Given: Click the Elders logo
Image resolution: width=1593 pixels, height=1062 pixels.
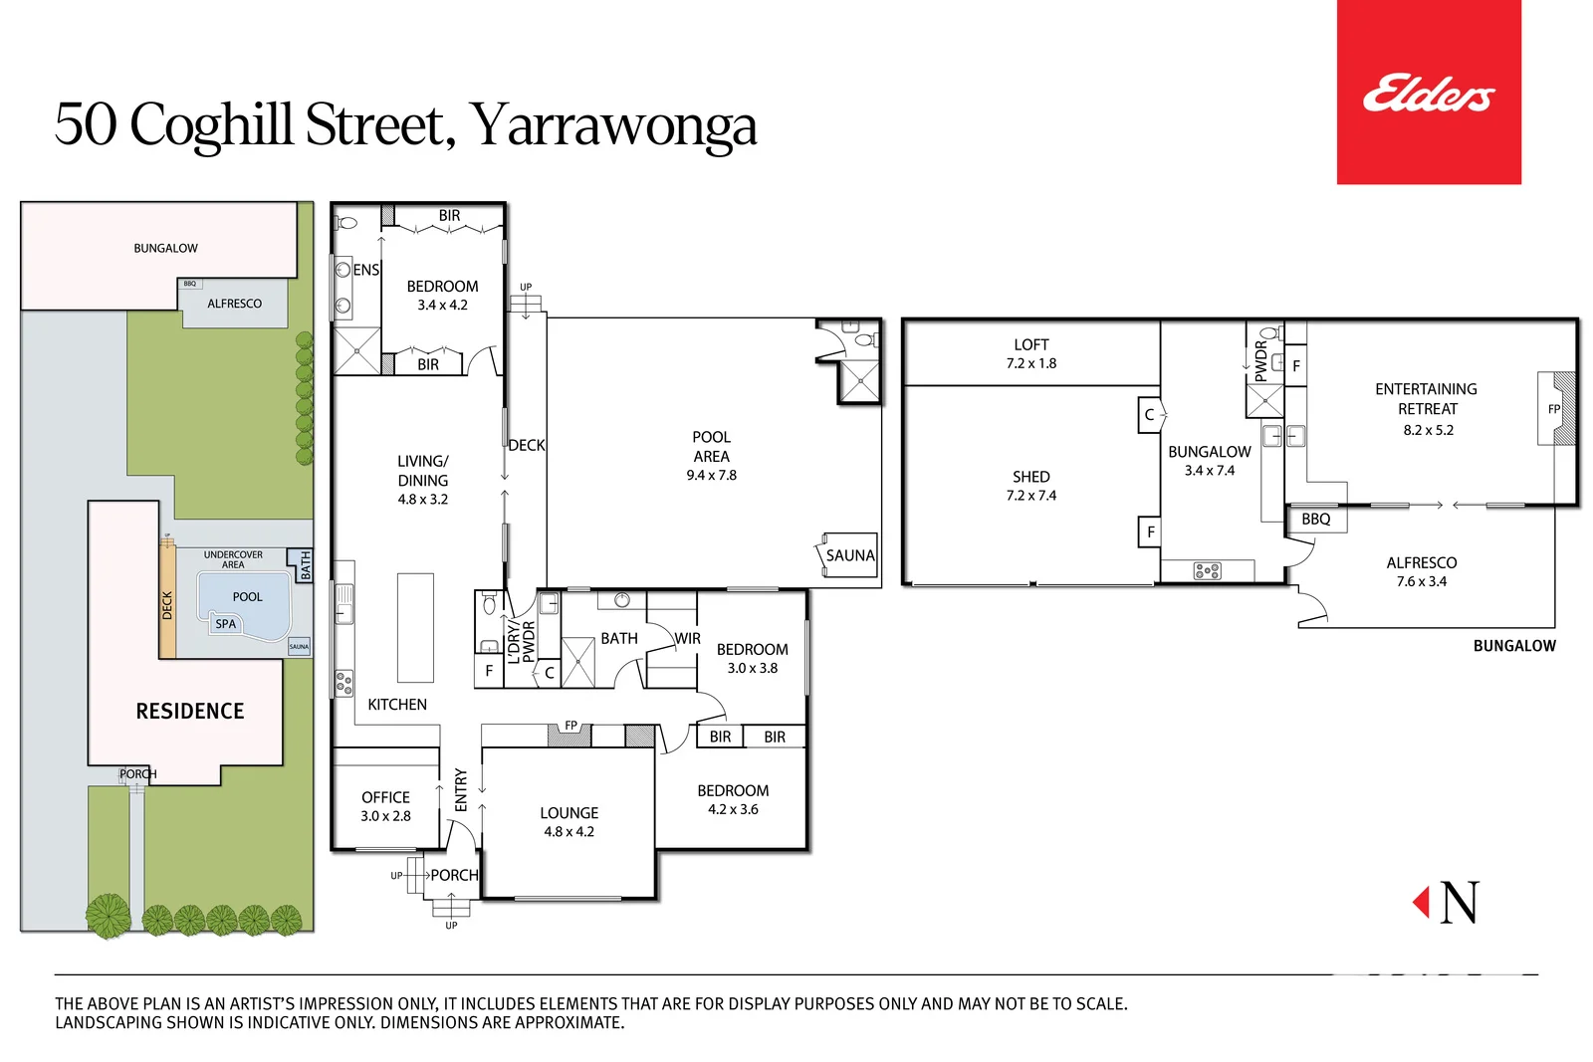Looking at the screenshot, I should tap(1428, 94).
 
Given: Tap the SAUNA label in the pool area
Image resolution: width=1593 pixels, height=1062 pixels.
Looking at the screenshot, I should tap(849, 555).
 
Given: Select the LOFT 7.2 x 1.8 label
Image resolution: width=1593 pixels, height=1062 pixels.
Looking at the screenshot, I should tap(1030, 353).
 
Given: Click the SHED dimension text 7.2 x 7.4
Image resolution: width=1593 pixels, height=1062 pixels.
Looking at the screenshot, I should tap(1030, 496).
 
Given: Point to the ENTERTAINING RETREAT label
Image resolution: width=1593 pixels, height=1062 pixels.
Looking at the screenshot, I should tap(1426, 399).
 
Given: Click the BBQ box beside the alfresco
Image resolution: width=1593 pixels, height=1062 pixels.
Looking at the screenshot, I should tap(1315, 520).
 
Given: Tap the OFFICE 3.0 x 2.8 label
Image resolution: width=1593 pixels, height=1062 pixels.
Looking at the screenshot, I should tap(385, 806).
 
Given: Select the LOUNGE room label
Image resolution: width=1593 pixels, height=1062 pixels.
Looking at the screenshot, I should tap(569, 813).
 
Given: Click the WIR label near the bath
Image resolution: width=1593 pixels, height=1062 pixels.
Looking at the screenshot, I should tap(687, 639).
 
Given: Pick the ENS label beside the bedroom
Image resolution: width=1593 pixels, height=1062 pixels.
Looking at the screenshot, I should tap(365, 270).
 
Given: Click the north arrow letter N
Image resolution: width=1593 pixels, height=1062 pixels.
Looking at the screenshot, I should tap(1460, 903).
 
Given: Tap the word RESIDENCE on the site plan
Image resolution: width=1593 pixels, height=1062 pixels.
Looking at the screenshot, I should tap(189, 711).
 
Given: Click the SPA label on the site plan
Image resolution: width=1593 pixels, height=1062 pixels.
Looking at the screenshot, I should tap(226, 624).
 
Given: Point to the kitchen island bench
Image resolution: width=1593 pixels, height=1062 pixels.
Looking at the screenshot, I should tap(415, 627).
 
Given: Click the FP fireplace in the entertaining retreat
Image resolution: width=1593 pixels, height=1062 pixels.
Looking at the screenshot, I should tap(1554, 409).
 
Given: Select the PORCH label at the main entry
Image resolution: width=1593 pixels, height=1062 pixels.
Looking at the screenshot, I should tap(454, 875).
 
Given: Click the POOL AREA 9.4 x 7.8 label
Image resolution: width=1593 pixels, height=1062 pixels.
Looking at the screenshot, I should tap(711, 456).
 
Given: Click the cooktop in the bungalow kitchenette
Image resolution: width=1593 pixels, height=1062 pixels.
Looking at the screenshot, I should tap(1207, 571).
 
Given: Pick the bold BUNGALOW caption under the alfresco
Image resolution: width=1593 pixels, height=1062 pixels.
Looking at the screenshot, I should tap(1513, 646).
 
